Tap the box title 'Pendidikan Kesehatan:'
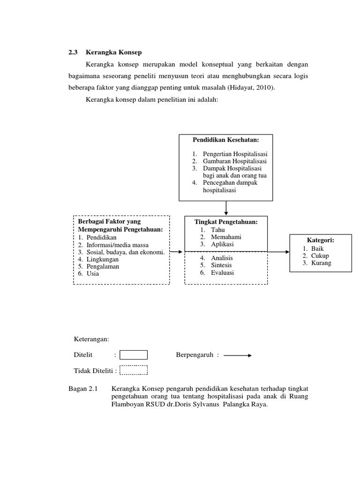(226, 140)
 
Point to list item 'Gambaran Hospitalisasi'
(234, 161)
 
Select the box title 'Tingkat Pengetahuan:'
(226, 222)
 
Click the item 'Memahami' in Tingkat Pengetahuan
(226, 237)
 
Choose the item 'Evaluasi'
(222, 272)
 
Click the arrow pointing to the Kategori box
(278, 251)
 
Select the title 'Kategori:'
(321, 240)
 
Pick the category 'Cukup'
(319, 255)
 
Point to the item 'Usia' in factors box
(92, 273)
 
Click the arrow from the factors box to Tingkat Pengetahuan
(176, 252)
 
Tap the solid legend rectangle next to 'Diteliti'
(134, 355)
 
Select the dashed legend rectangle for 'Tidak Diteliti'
(134, 370)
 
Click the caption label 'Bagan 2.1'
(82, 389)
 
